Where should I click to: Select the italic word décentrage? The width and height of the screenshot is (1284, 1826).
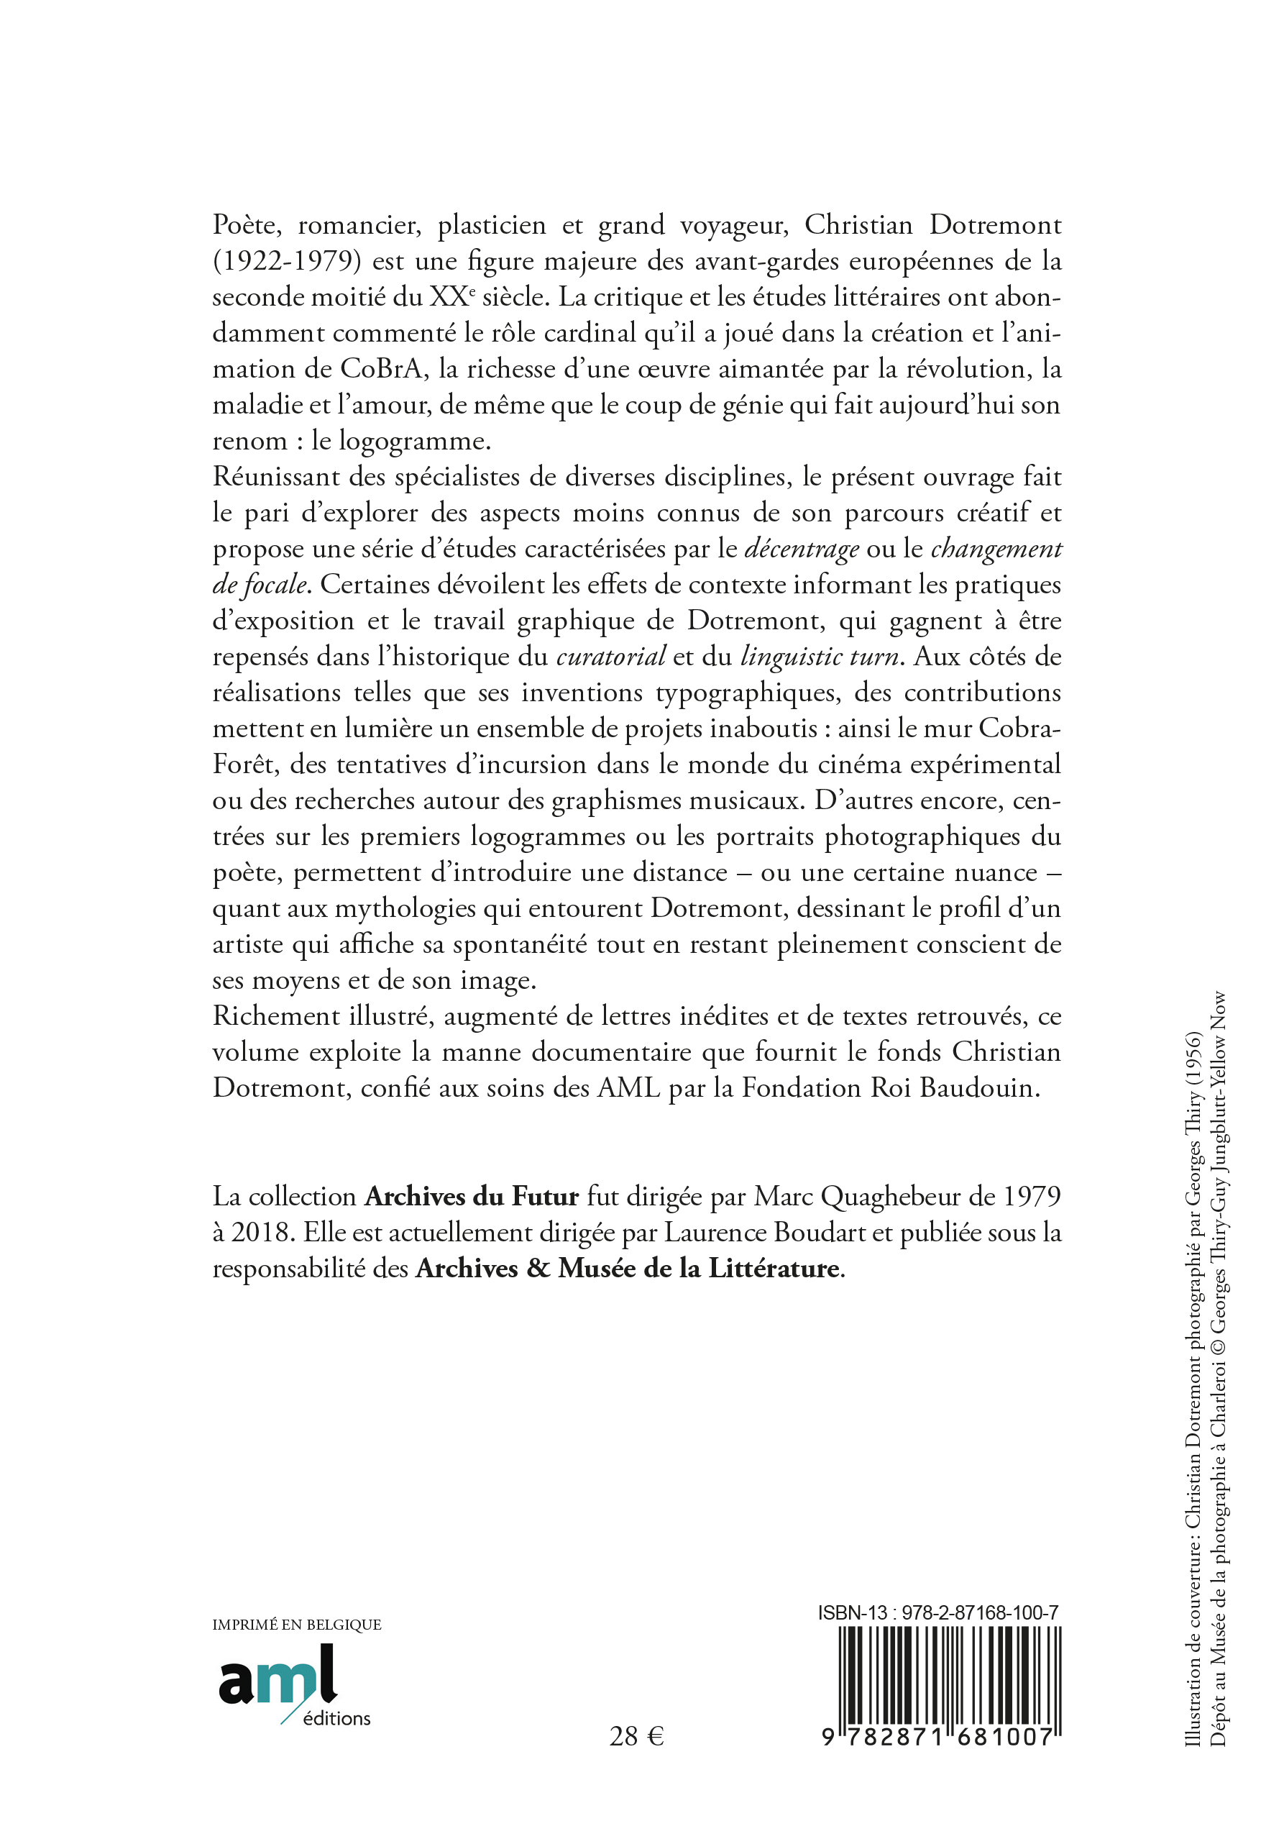coord(802,549)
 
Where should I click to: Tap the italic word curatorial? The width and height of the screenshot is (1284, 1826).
coord(610,657)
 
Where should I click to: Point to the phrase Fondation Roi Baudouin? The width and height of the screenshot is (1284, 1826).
coord(891,1088)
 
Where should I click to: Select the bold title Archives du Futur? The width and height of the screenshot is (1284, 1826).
coord(472,1197)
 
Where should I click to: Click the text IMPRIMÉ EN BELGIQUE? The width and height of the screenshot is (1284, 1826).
coord(296,1625)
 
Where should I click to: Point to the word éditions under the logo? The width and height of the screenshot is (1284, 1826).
coord(336,1719)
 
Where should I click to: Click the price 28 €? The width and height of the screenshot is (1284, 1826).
coord(636,1736)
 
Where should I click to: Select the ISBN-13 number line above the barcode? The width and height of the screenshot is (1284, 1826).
coord(938,1613)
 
